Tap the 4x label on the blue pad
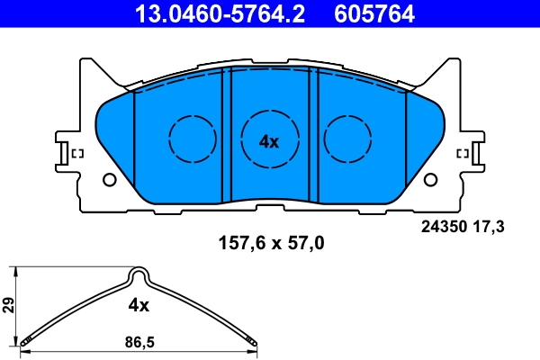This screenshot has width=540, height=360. pyautogui.click(x=269, y=141)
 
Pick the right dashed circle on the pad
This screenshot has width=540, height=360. pyautogui.click(x=347, y=139)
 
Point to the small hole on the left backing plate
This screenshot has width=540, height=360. pyautogui.click(x=110, y=178)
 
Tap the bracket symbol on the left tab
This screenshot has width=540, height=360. pyautogui.click(x=76, y=154)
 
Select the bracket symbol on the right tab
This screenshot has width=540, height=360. pyautogui.click(x=464, y=154)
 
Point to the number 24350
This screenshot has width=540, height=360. pyautogui.click(x=442, y=228)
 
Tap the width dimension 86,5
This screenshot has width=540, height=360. pyautogui.click(x=138, y=343)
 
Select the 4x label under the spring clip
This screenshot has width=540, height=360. pyautogui.click(x=138, y=305)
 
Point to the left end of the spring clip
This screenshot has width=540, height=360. pyautogui.click(x=27, y=339)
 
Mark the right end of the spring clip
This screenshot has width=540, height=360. pyautogui.click(x=255, y=341)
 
